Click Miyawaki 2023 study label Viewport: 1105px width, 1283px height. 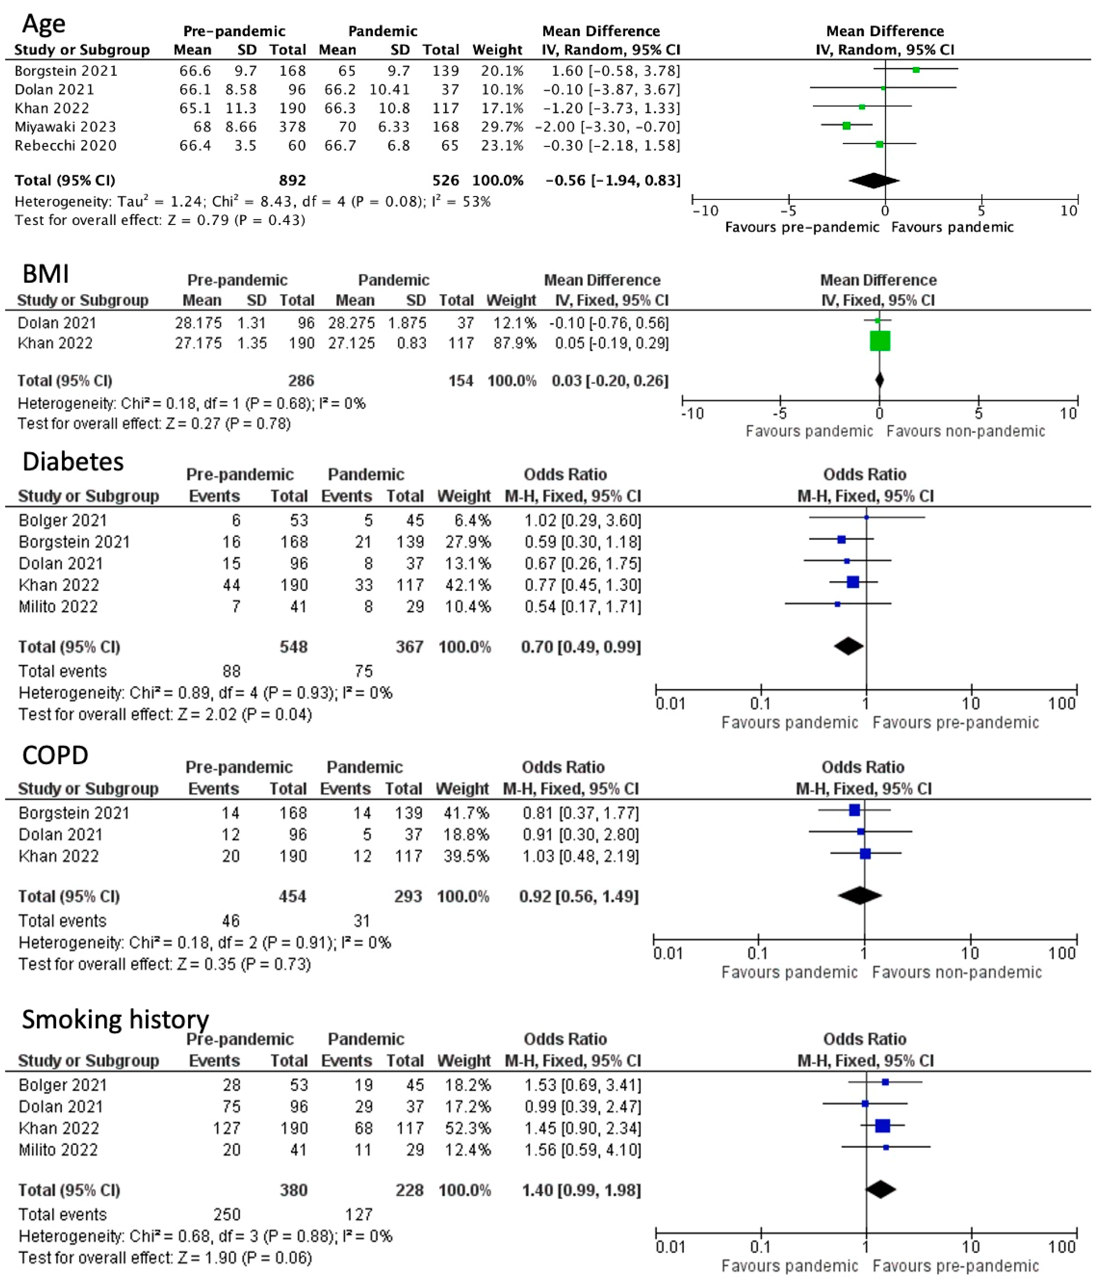click(65, 127)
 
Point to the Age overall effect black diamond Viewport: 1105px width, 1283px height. click(873, 180)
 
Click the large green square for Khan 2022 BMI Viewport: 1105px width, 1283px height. click(880, 341)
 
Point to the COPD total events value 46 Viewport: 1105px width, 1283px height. click(230, 921)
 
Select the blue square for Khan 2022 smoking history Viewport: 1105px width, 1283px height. click(882, 1126)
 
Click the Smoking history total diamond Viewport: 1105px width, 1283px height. click(880, 1189)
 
